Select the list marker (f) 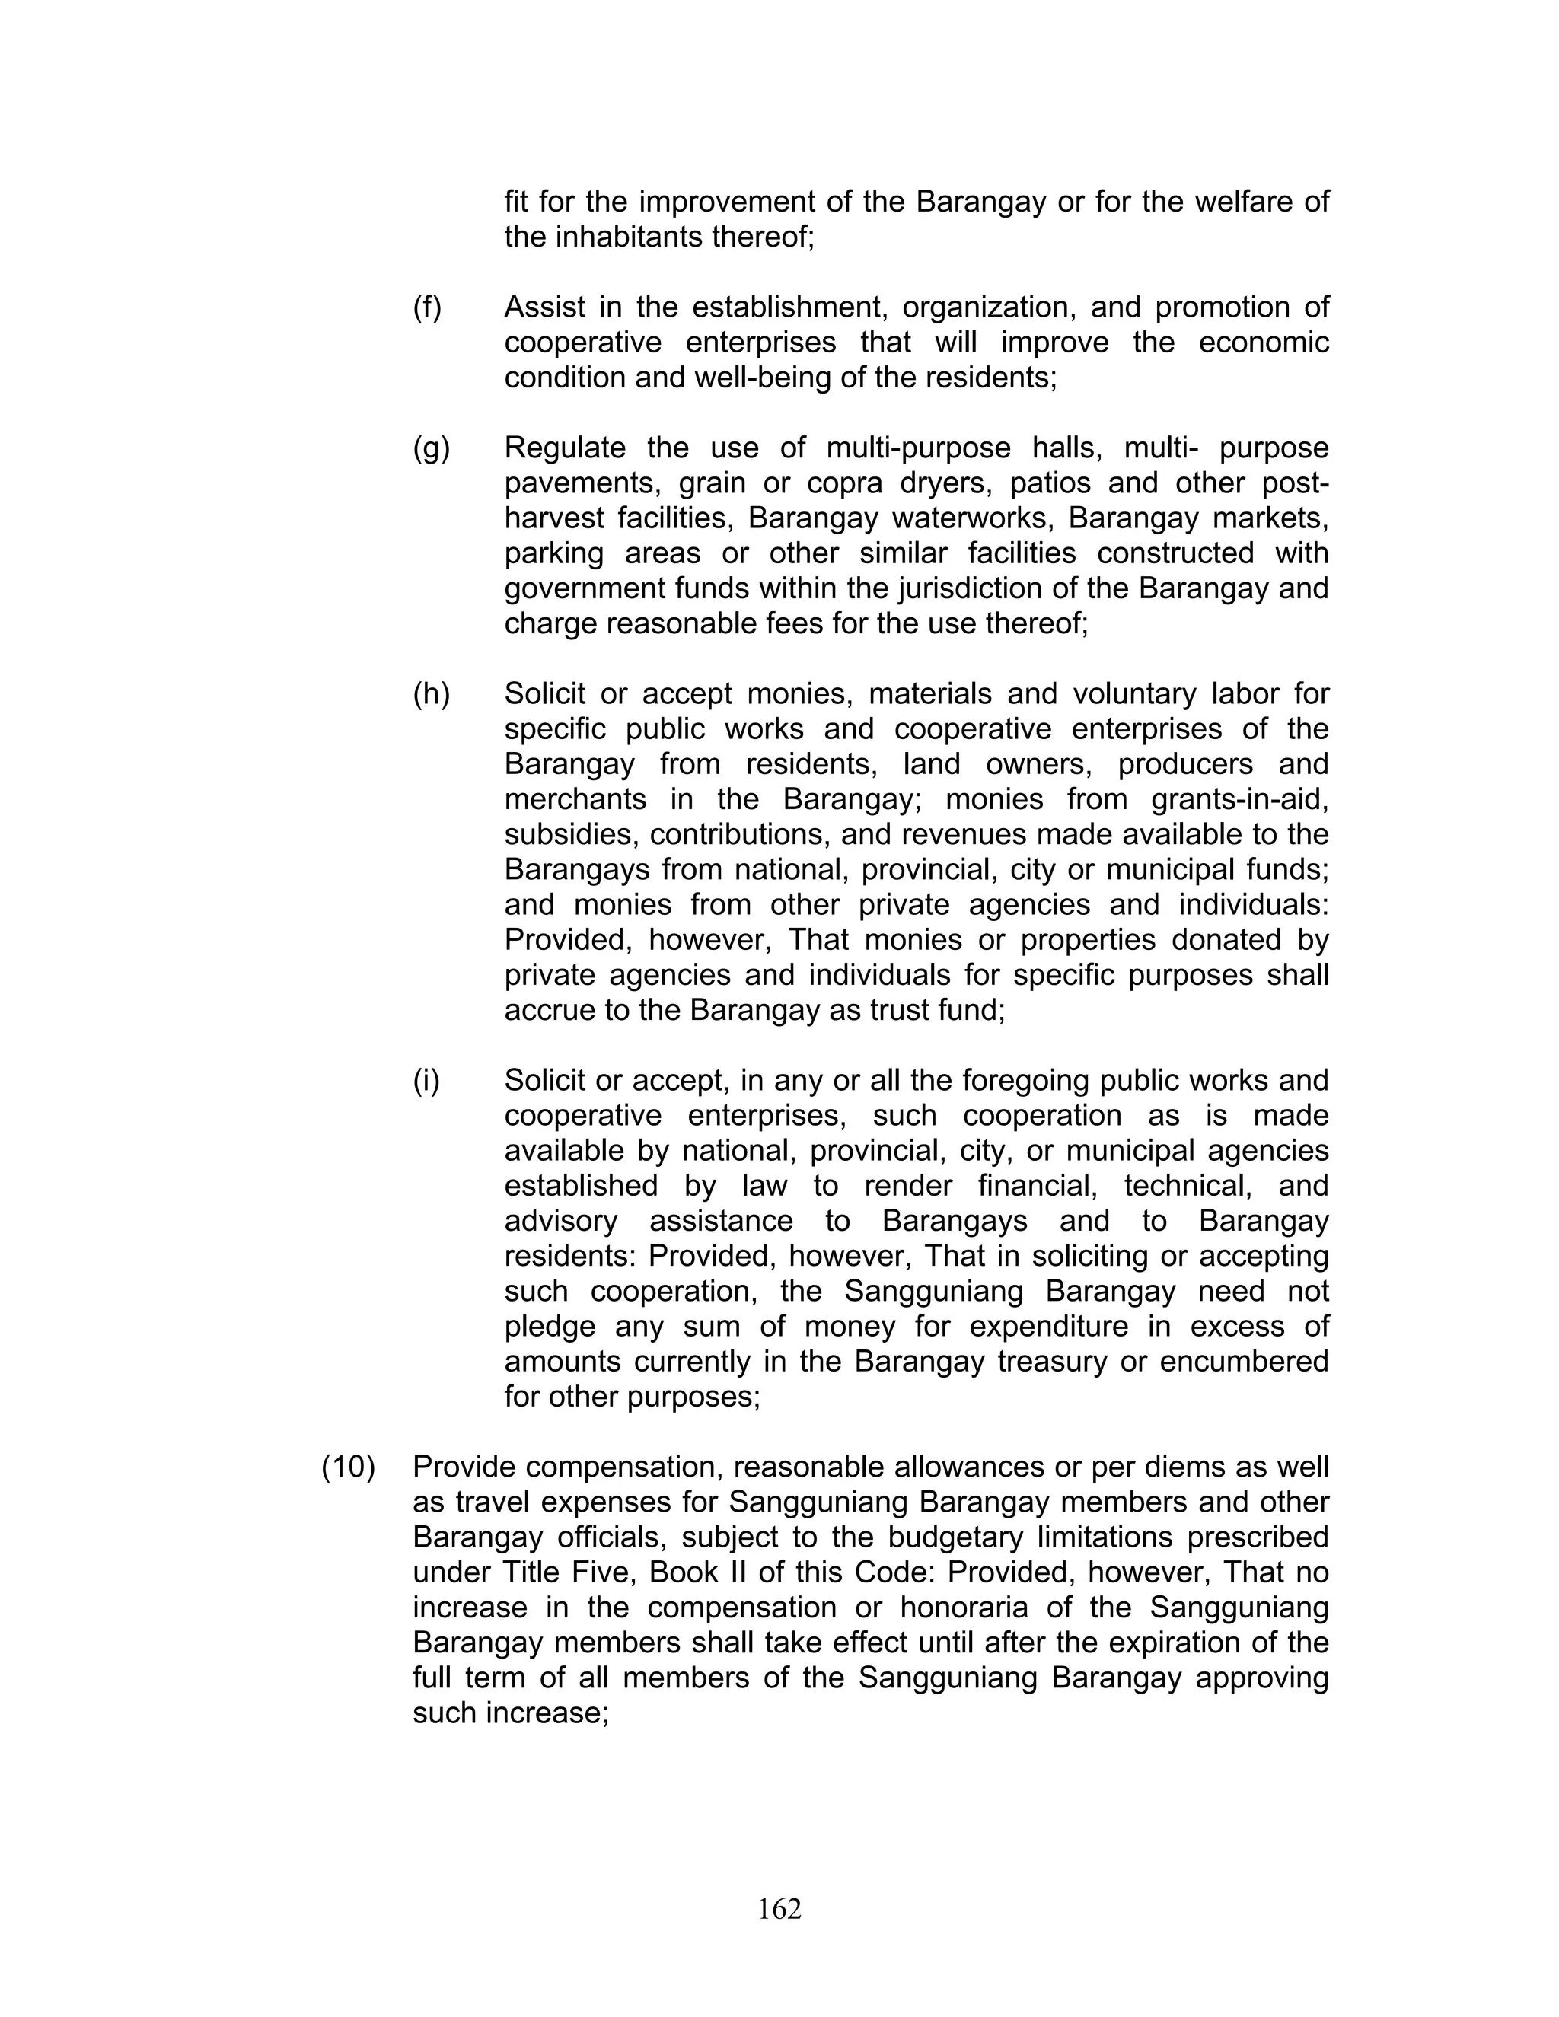[x=427, y=307]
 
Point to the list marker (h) [x=430, y=694]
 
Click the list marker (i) [x=426, y=1081]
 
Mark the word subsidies [x=568, y=835]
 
